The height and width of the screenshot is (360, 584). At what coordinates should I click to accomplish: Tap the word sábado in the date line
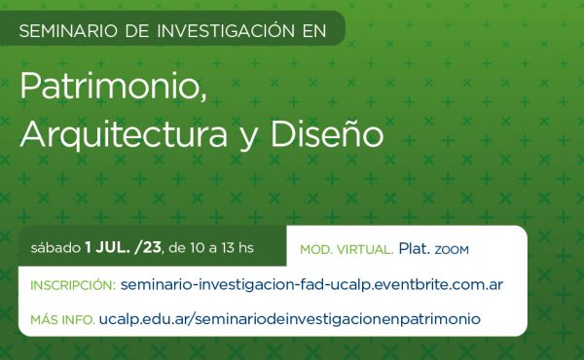pos(55,247)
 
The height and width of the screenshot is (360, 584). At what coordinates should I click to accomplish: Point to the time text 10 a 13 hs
pos(219,247)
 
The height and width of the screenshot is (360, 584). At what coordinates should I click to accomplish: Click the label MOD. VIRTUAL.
pos(347,249)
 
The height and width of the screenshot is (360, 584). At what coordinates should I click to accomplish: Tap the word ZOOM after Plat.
pos(452,249)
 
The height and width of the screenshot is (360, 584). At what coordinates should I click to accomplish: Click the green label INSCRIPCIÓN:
pos(73,286)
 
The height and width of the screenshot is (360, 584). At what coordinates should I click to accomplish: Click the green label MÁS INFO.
pos(62,319)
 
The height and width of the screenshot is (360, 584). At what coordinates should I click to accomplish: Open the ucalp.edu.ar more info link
pos(290,318)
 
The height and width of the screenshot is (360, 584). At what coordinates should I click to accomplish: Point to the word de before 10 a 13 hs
pos(176,247)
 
